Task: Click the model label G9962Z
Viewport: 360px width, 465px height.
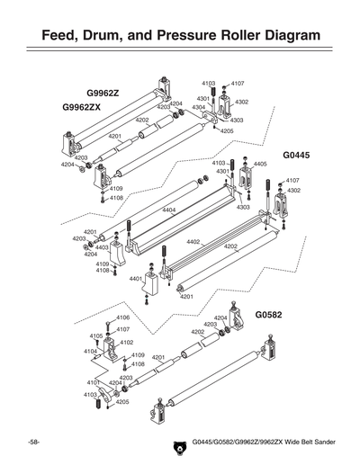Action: click(x=104, y=93)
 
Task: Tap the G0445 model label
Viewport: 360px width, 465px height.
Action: click(x=296, y=155)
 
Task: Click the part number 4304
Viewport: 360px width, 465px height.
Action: click(x=199, y=107)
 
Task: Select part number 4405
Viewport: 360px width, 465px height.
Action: click(x=261, y=165)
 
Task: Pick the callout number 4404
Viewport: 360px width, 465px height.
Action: click(x=168, y=210)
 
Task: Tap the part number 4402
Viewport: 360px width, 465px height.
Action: click(x=193, y=241)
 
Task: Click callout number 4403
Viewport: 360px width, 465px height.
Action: click(x=102, y=247)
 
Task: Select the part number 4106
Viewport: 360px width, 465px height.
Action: click(x=123, y=317)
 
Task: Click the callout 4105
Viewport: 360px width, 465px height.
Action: click(x=95, y=335)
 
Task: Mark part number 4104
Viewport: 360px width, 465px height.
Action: click(x=91, y=351)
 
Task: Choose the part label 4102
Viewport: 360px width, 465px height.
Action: click(x=127, y=342)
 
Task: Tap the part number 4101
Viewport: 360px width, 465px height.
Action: click(x=93, y=383)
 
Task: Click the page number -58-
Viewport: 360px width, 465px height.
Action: click(x=32, y=443)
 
